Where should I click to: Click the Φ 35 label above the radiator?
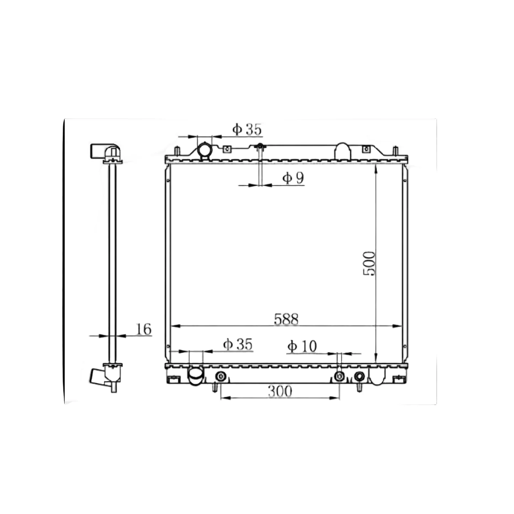pyautogui.click(x=247, y=129)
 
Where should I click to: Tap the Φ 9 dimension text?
pyautogui.click(x=293, y=178)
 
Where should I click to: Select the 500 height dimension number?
pyautogui.click(x=369, y=263)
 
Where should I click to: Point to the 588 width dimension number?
pyautogui.click(x=286, y=319)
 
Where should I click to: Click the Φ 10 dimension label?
pyautogui.click(x=302, y=346)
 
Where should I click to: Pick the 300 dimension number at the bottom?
pyautogui.click(x=280, y=391)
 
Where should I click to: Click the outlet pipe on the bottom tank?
pyautogui.click(x=196, y=376)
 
